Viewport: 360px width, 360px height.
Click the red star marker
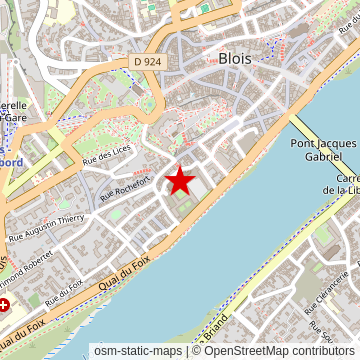pyautogui.click(x=180, y=181)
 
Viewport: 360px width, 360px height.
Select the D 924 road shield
pyautogui.click(x=147, y=63)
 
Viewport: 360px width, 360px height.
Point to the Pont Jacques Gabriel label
pyautogui.click(x=323, y=150)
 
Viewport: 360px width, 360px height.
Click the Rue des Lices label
pyautogui.click(x=107, y=154)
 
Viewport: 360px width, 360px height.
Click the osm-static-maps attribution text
pyautogui.click(x=138, y=351)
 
